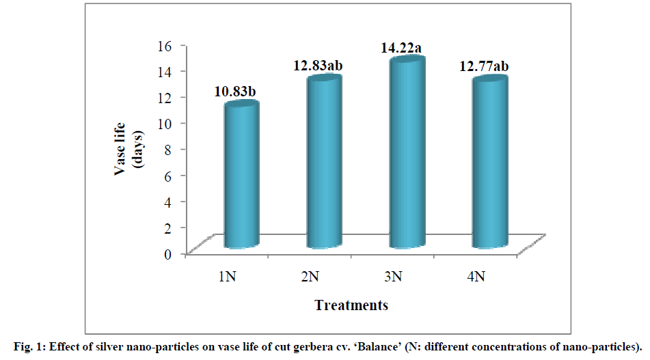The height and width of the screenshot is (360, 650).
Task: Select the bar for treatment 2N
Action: (x=325, y=164)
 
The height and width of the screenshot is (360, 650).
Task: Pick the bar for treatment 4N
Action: (x=490, y=164)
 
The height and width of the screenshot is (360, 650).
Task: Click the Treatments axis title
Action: (x=351, y=305)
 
